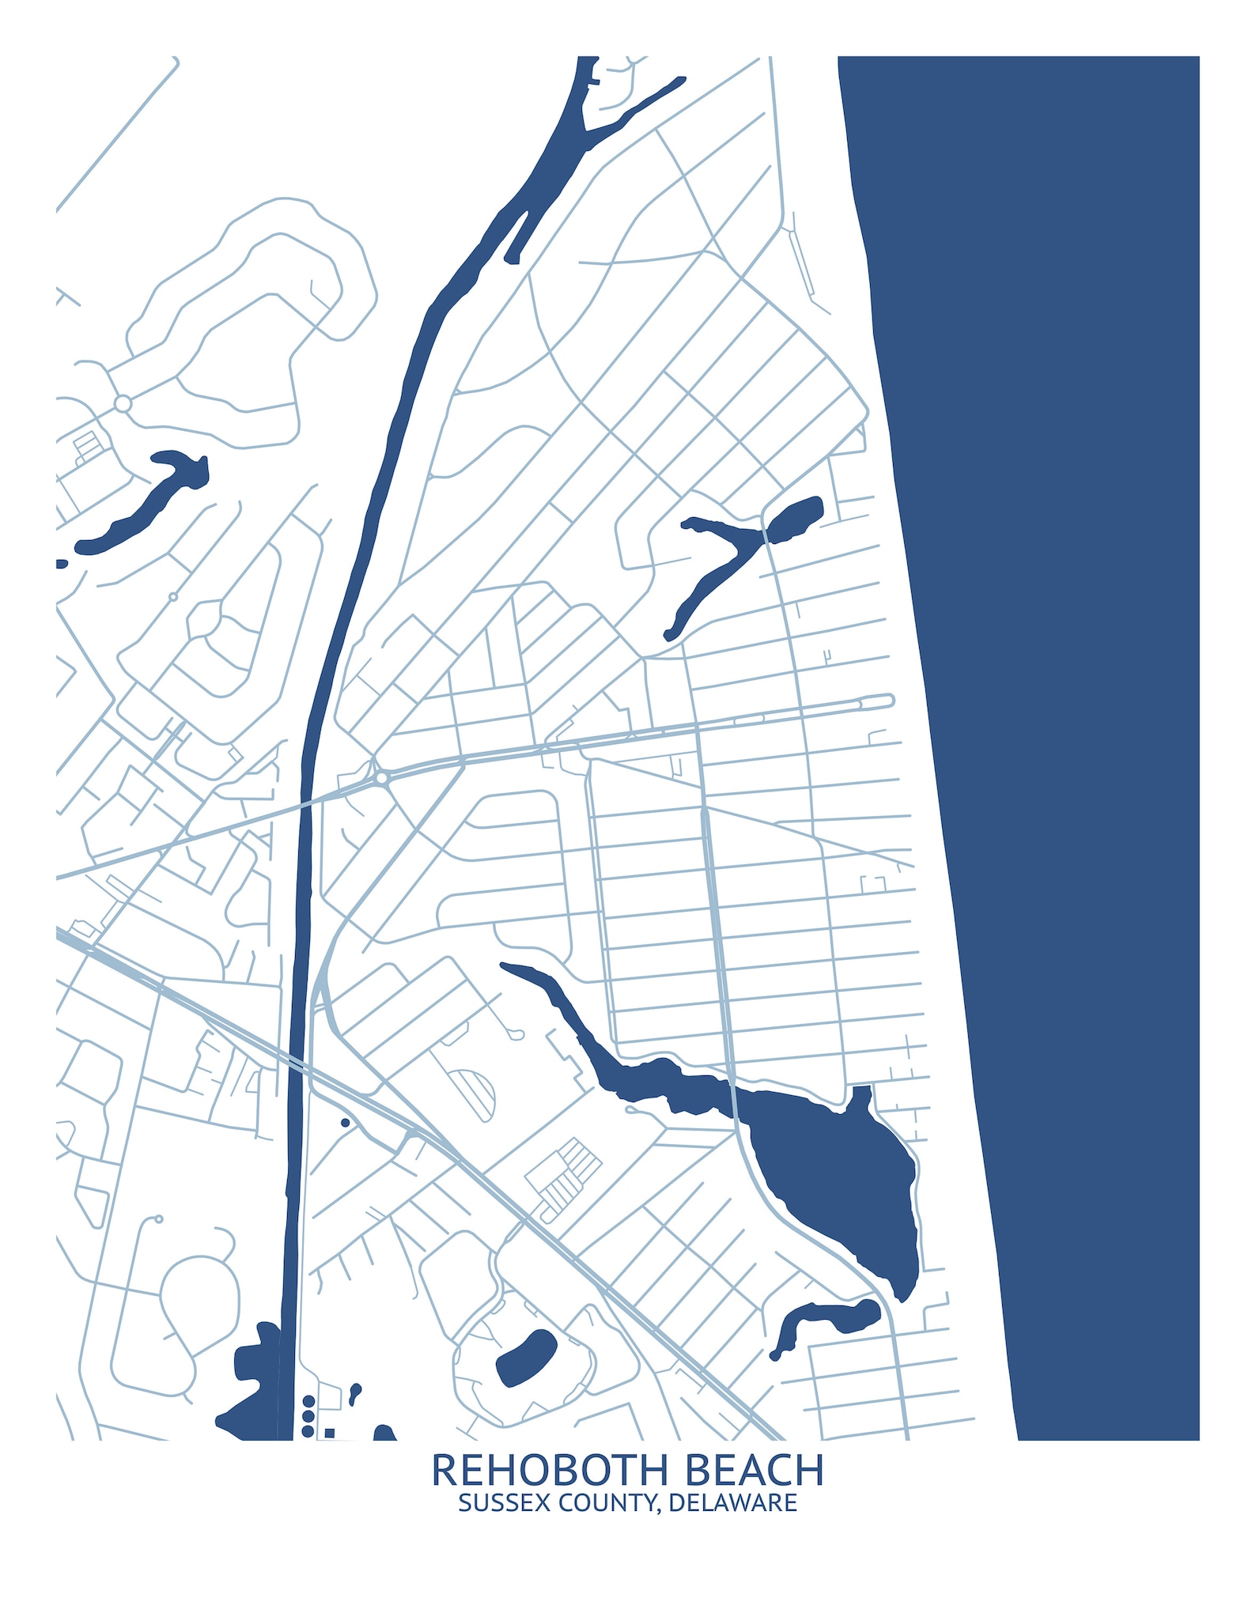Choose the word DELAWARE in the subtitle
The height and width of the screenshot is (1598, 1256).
732,1503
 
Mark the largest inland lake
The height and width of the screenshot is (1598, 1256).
830,1170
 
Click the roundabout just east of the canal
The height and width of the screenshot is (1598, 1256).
383,778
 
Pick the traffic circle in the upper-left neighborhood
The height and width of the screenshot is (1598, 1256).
123,404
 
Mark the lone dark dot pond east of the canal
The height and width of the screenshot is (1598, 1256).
345,1122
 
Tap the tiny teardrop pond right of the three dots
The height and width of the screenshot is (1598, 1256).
355,1391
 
